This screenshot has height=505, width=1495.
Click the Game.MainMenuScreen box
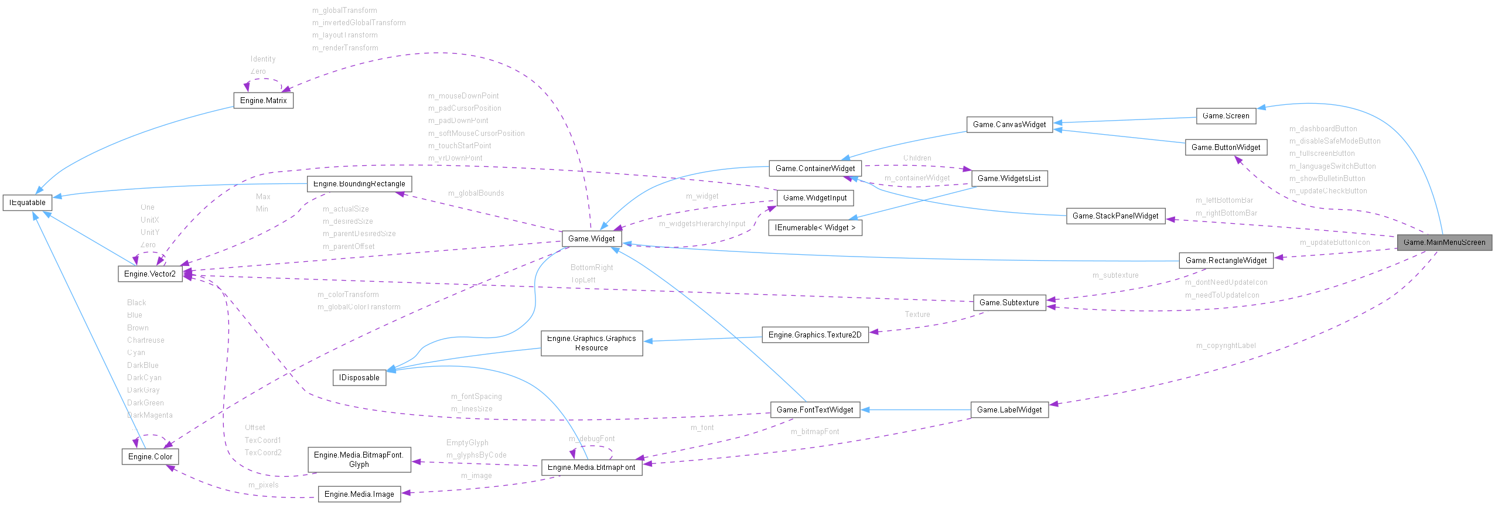tap(1444, 242)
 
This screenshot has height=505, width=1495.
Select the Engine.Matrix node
tap(263, 100)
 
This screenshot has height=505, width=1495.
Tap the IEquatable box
tap(28, 203)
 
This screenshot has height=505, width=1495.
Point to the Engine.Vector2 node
tap(150, 274)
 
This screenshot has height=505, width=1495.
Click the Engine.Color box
tap(150, 456)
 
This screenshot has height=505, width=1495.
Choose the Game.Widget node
tap(591, 238)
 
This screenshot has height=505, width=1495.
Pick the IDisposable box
tap(359, 377)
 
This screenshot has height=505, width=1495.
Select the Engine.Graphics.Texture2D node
tap(815, 335)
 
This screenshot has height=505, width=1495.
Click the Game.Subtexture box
tap(1009, 302)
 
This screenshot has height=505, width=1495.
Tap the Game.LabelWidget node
tap(1009, 410)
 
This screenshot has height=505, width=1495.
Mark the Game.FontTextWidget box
tap(815, 410)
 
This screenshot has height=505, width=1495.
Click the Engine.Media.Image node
tap(359, 494)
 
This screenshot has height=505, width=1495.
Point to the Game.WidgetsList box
tap(1009, 178)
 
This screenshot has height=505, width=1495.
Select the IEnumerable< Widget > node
tap(815, 227)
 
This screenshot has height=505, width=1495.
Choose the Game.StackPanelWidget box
tap(1115, 216)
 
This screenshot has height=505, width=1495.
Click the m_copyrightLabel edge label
tap(1226, 346)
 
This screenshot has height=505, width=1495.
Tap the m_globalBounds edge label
tap(476, 193)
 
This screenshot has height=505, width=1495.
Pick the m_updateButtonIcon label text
tap(1334, 243)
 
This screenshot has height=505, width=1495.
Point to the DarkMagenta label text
tap(150, 415)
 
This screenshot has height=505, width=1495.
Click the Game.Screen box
tap(1226, 115)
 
